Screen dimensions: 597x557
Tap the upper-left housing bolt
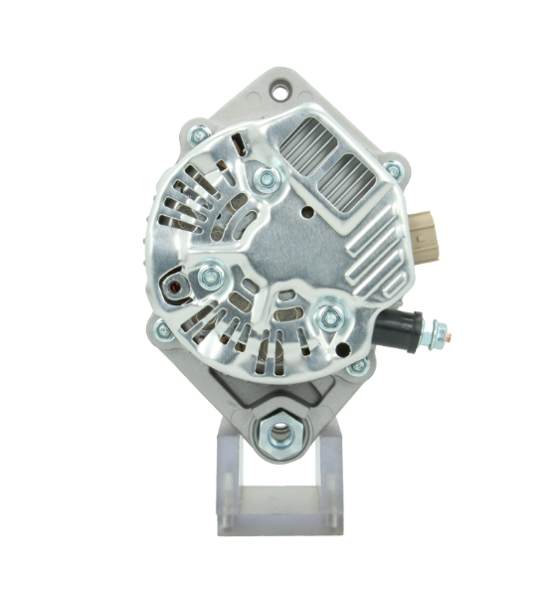[x=199, y=134]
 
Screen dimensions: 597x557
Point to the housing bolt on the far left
[x=163, y=329]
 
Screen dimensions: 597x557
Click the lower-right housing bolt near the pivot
[x=358, y=366]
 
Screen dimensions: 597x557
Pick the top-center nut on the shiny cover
[x=266, y=179]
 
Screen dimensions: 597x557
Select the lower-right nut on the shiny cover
[x=330, y=318]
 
